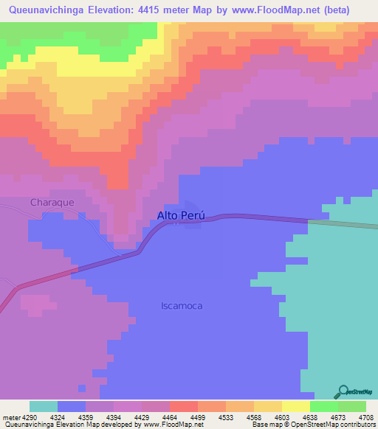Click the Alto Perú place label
click(180, 216)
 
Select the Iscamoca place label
click(182, 305)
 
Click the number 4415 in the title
click(150, 10)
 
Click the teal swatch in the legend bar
click(43, 406)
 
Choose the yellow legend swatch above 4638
click(295, 406)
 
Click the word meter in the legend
click(10, 417)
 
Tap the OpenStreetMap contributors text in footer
click(339, 425)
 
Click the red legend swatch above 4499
click(183, 406)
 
